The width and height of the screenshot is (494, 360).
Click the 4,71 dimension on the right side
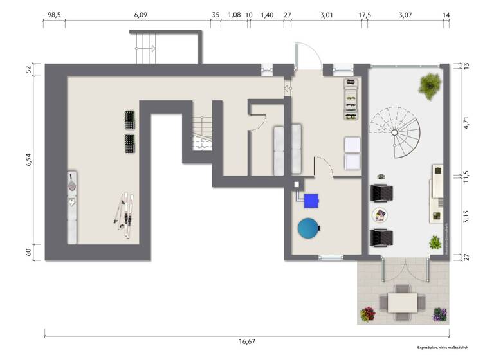(466, 122)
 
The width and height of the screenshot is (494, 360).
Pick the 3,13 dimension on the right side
(466, 217)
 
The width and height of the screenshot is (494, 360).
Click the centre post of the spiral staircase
(394, 132)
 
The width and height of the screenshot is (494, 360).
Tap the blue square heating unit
(312, 201)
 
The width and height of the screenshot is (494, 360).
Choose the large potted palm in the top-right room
(428, 84)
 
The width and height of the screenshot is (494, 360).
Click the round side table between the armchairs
(380, 214)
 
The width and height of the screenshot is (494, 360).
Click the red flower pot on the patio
(368, 314)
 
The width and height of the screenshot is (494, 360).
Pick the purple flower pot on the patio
(440, 314)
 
